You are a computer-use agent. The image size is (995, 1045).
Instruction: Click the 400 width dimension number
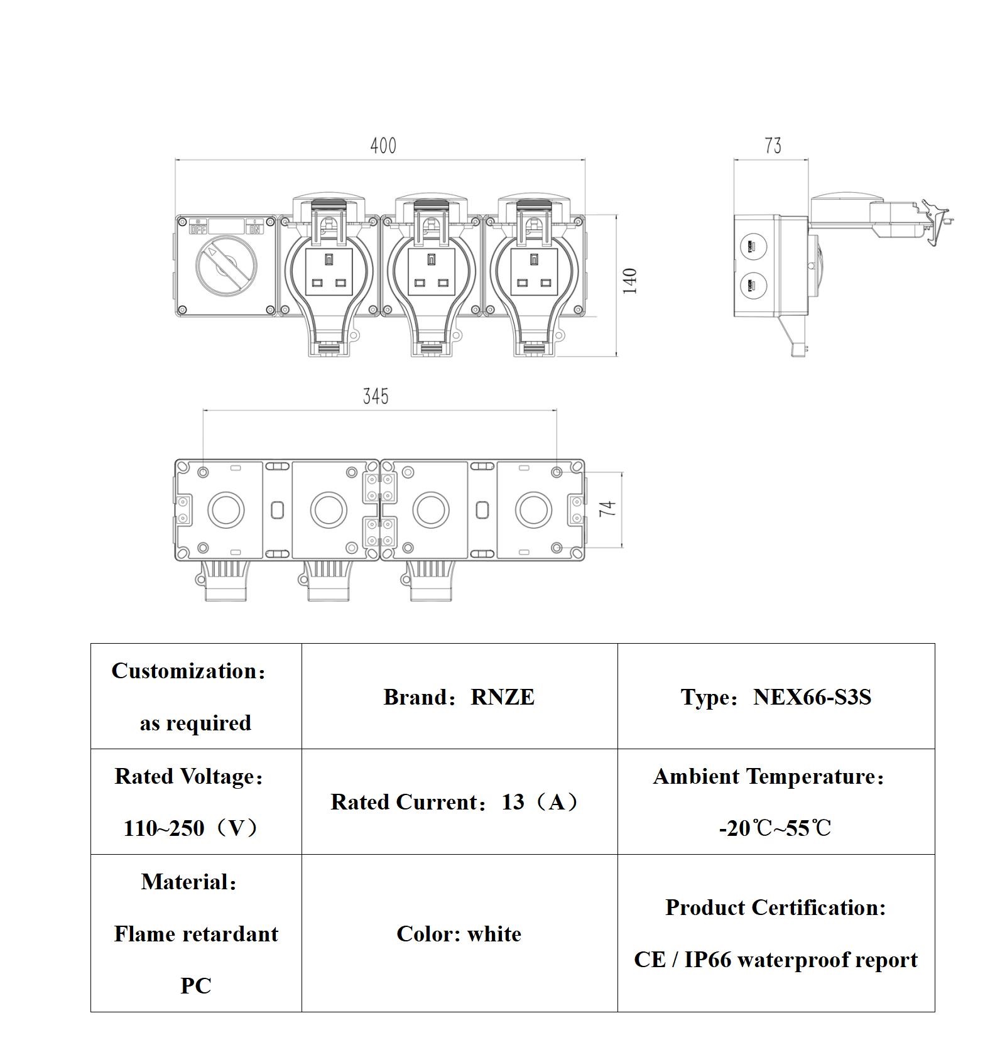point(383,146)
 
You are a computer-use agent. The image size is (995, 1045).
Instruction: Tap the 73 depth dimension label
point(773,146)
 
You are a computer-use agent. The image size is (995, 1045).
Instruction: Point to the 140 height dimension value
point(630,281)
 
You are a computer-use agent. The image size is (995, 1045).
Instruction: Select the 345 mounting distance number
point(376,396)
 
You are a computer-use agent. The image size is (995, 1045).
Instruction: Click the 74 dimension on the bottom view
point(607,509)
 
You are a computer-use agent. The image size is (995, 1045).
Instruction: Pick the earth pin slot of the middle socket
point(431,259)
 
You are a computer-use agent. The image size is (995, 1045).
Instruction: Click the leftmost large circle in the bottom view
point(226,509)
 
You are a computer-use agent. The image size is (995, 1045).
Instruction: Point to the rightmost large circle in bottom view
point(534,509)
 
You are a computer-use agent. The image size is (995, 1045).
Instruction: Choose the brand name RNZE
point(503,697)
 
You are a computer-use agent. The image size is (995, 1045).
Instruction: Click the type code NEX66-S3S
point(812,697)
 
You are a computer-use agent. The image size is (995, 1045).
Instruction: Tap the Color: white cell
point(459,934)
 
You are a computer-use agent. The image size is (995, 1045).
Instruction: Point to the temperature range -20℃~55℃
point(775,828)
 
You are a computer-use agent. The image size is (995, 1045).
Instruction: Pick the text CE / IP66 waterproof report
point(776,960)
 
